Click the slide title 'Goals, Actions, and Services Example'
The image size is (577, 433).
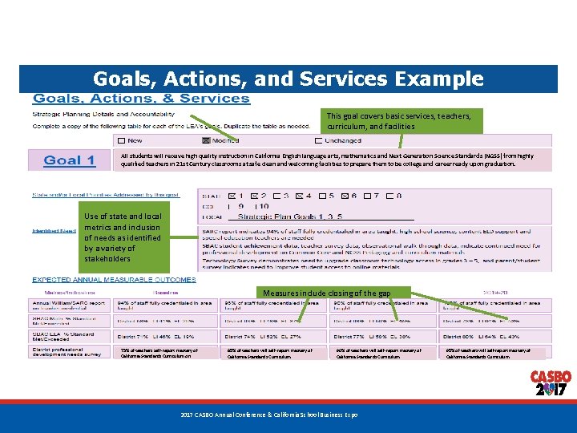click(x=288, y=79)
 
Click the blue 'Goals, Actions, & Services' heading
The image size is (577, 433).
click(x=140, y=99)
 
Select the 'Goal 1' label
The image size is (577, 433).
click(x=69, y=160)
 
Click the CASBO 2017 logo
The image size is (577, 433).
click(x=551, y=384)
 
